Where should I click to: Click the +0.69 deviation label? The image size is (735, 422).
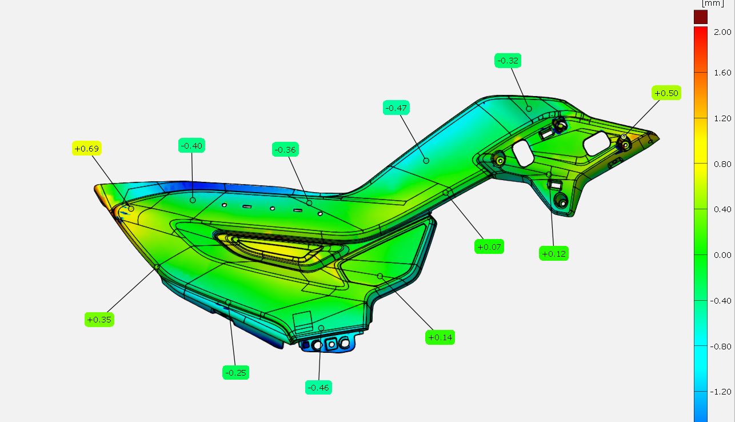[87, 149]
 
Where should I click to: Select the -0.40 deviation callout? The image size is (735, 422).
[191, 145]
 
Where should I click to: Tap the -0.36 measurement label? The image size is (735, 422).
[285, 149]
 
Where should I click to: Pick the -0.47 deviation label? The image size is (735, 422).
[396, 108]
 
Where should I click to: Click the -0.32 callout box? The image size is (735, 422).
[508, 61]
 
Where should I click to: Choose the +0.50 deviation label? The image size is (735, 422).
[666, 93]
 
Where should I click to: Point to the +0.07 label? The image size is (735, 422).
[489, 246]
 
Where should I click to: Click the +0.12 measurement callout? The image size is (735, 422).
[554, 253]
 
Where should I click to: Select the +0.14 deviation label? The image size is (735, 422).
[440, 337]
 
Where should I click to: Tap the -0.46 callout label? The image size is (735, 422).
[318, 388]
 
